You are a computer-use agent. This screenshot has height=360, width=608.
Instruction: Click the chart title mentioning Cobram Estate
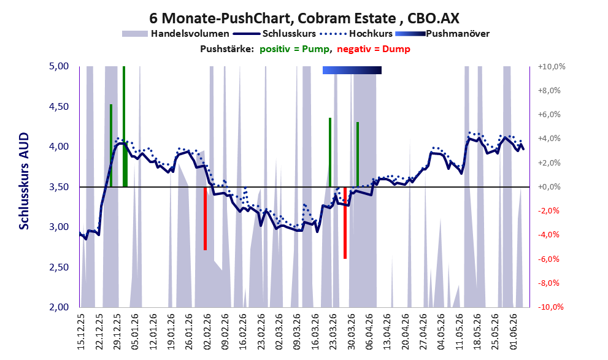(304, 18)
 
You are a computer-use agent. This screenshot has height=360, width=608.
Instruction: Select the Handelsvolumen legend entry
(175, 34)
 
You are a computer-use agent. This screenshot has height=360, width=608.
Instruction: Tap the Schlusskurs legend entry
(274, 34)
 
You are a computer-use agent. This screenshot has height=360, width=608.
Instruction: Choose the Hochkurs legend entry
(356, 34)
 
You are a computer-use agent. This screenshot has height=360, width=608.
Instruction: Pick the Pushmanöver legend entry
(442, 34)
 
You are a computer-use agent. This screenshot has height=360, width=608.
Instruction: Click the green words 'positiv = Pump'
(294, 49)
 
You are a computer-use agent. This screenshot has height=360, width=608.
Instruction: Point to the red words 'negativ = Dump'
(374, 49)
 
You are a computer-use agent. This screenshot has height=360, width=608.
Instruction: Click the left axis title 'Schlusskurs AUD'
(24, 181)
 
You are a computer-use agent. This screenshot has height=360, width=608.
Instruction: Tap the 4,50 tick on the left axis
(59, 107)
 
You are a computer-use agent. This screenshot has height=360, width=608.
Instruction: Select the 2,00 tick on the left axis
(59, 307)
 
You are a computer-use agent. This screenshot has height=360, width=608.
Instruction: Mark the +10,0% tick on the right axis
(552, 67)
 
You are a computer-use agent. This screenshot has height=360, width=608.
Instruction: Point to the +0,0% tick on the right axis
(549, 187)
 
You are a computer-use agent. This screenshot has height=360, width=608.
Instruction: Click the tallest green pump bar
(124, 126)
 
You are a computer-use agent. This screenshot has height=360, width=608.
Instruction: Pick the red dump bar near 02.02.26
(205, 218)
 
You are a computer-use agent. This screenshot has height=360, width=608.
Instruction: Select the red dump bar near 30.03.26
(345, 223)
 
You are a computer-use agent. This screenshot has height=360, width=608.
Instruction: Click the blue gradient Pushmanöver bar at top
(352, 70)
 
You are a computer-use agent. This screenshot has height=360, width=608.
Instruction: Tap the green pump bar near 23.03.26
(330, 152)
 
